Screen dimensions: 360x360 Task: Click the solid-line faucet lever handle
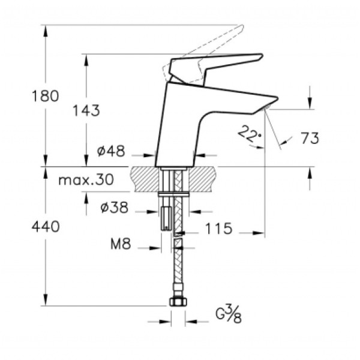point(216,65)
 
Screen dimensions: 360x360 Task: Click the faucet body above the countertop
point(180,126)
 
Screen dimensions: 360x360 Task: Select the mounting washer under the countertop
point(174,195)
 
